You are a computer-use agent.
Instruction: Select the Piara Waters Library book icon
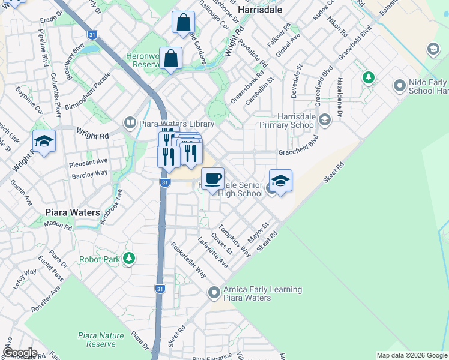(x=130, y=123)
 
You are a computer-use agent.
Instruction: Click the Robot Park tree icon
(x=128, y=258)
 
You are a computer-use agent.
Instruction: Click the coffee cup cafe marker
(x=212, y=178)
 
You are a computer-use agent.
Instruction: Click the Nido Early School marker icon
(x=400, y=86)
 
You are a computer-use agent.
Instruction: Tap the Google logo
(x=19, y=353)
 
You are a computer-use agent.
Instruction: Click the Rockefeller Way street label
(x=188, y=260)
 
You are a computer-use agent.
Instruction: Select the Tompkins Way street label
(x=235, y=241)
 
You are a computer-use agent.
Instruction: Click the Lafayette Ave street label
(x=213, y=253)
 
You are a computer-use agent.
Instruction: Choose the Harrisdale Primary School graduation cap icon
(x=325, y=121)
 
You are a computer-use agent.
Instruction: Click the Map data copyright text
(x=412, y=355)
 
